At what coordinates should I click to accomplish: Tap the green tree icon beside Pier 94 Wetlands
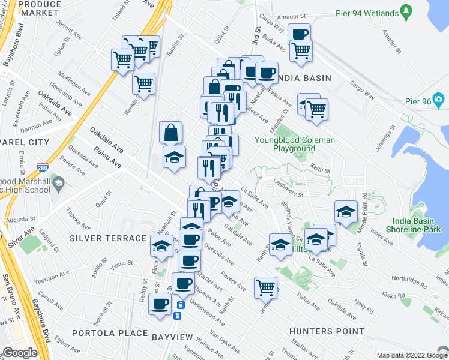tap(406, 11)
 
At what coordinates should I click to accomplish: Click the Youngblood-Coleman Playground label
tap(294, 144)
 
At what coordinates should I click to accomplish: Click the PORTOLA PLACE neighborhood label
tap(109, 332)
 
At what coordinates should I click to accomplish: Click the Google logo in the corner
tap(20, 353)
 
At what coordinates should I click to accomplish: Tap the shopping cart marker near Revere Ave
tap(265, 287)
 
